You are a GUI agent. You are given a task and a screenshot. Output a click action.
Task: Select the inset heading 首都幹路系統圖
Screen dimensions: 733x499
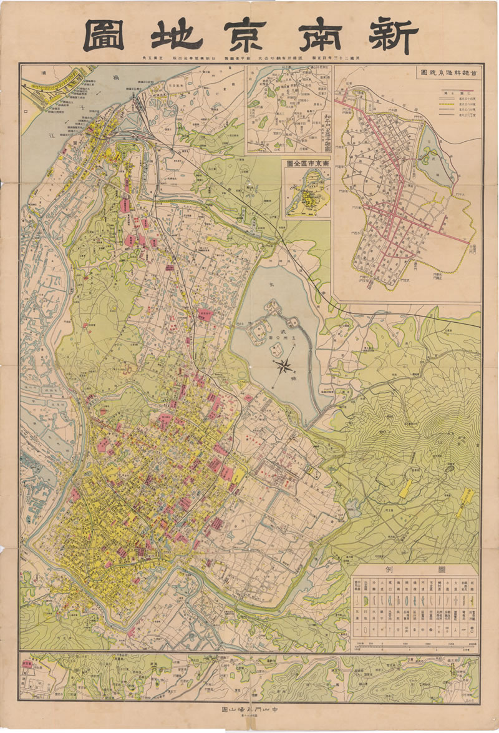[445, 73]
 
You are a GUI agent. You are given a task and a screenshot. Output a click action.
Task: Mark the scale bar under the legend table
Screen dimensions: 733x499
[415, 644]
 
